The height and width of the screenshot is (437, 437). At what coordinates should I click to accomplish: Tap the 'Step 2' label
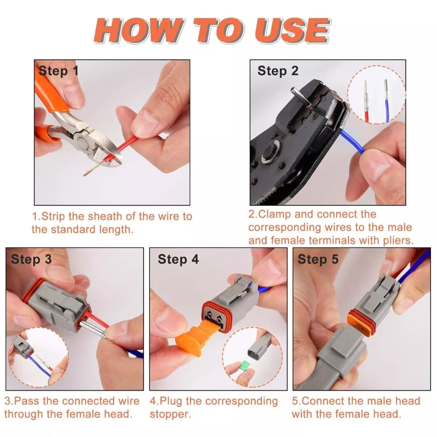[x=278, y=71]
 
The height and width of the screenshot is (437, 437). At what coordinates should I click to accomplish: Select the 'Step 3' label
[x=31, y=259]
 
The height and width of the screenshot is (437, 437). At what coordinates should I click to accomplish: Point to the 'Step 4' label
[x=178, y=259]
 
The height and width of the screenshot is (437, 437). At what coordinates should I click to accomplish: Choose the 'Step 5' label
[x=318, y=259]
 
